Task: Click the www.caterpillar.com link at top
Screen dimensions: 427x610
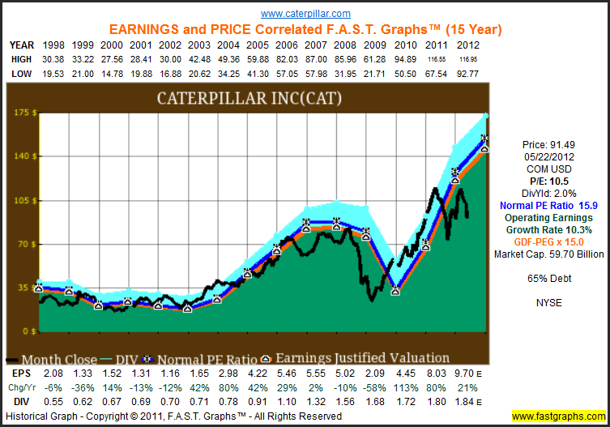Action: coord(305,14)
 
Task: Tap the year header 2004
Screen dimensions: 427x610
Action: coord(216,45)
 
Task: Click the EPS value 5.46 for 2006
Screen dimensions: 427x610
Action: coord(276,373)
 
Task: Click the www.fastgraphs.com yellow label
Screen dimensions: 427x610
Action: coord(559,416)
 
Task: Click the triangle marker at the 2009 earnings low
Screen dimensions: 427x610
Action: coord(395,291)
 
